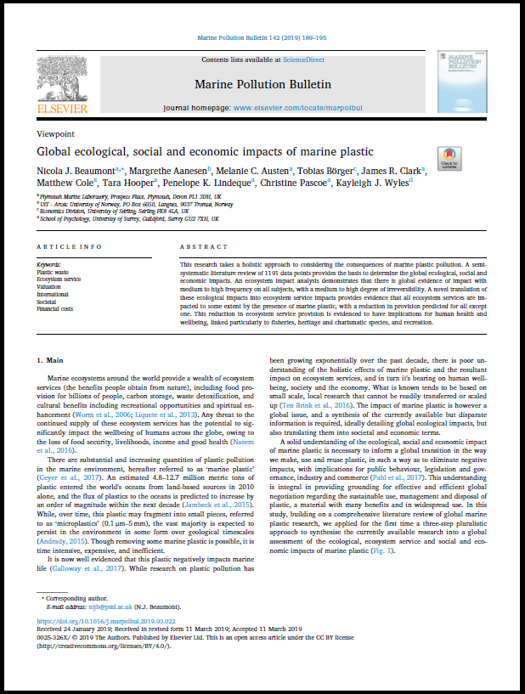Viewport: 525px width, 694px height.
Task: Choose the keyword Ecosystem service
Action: (59, 278)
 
